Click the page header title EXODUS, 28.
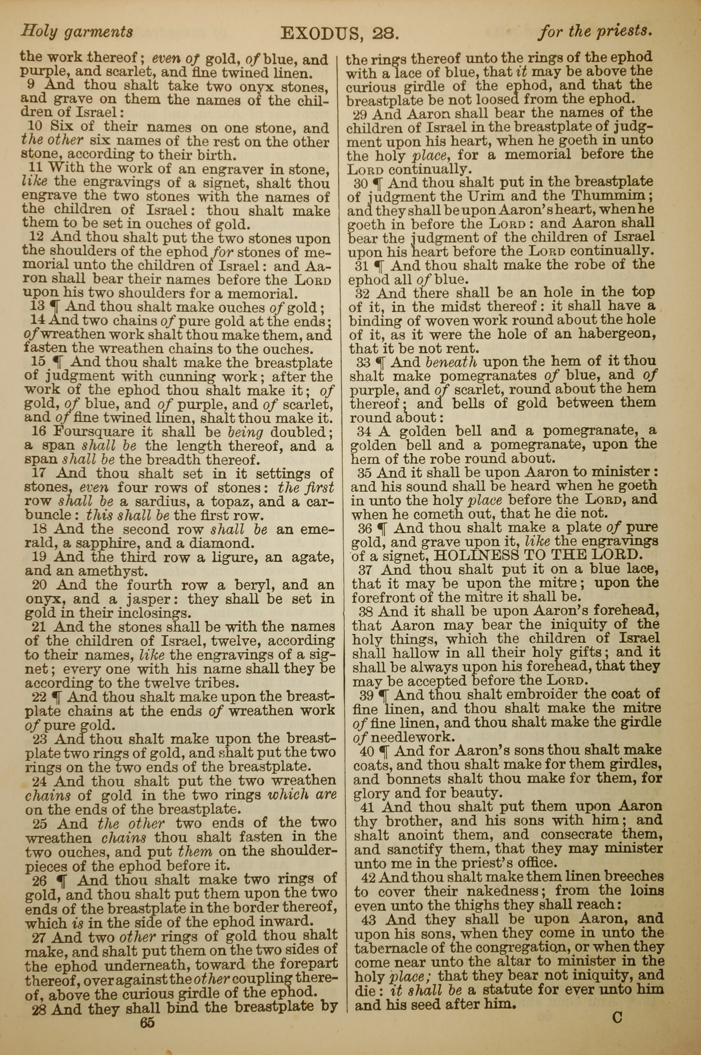tap(339, 33)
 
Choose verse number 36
tap(365, 528)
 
